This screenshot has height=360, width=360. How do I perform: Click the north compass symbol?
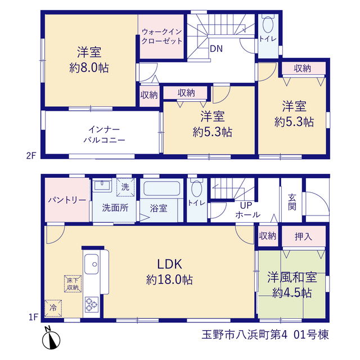click(51, 338)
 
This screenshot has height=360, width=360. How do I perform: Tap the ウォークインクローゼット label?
click(162, 36)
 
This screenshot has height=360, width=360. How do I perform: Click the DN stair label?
click(216, 49)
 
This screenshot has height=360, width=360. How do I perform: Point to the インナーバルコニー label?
click(104, 134)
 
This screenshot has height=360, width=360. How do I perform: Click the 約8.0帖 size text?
click(89, 67)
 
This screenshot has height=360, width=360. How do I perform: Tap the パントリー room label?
click(67, 200)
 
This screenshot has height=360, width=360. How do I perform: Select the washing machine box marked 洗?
click(125, 187)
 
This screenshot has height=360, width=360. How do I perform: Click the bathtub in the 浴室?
click(161, 188)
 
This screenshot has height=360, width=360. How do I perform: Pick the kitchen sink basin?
click(92, 264)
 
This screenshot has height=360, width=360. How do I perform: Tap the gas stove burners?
click(92, 305)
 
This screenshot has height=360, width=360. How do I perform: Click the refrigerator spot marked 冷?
click(53, 308)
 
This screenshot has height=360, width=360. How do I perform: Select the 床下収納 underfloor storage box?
click(73, 283)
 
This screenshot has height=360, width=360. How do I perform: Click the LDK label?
click(169, 264)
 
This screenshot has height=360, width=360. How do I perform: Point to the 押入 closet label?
click(303, 236)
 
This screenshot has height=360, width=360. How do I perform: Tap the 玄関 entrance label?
click(292, 202)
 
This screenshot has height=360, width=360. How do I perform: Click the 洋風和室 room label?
click(292, 277)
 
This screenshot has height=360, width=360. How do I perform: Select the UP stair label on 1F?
click(246, 205)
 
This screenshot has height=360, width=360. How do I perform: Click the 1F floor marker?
click(33, 317)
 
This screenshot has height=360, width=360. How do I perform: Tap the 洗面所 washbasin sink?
click(102, 185)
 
